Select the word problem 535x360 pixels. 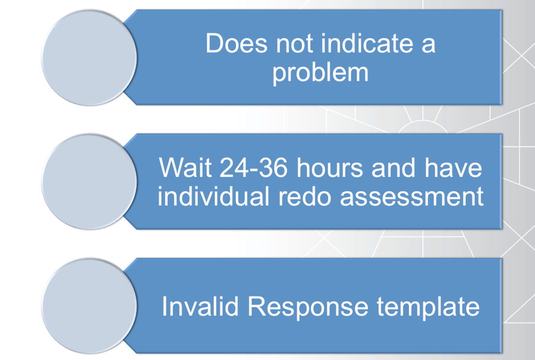tap(320, 74)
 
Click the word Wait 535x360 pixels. tap(183, 169)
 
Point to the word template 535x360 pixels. tap(428, 307)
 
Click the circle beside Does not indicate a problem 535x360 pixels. tap(90, 58)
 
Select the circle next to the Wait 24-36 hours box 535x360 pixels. tap(90, 182)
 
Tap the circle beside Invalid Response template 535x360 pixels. tap(90, 306)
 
